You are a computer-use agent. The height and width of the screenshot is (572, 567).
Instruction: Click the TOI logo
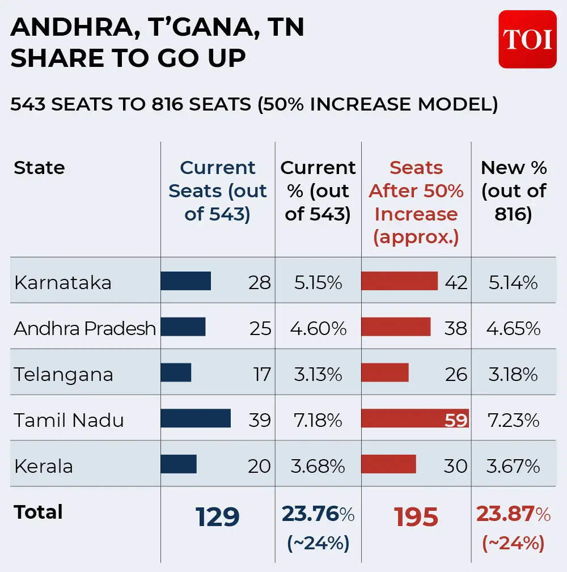pyautogui.click(x=527, y=39)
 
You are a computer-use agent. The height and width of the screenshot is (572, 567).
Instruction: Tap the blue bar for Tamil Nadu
pyautogui.click(x=196, y=418)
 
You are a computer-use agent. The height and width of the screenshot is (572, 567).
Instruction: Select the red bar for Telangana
pyautogui.click(x=385, y=372)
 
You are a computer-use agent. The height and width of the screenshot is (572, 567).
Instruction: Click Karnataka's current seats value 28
pyautogui.click(x=260, y=282)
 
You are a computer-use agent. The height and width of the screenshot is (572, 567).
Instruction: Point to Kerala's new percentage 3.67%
pyautogui.click(x=513, y=466)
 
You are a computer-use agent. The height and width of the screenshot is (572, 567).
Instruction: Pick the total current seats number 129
pyautogui.click(x=218, y=517)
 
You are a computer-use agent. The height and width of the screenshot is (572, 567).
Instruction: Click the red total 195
pyautogui.click(x=416, y=517)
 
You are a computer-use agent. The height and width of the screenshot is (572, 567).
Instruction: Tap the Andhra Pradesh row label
pyautogui.click(x=85, y=328)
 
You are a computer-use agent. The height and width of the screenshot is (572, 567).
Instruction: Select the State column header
pyautogui.click(x=39, y=168)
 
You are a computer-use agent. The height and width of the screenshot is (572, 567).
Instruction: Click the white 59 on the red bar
pyautogui.click(x=456, y=420)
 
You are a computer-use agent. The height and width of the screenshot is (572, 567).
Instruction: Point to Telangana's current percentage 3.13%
pyautogui.click(x=318, y=374)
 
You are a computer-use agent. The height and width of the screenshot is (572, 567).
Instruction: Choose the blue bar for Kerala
pyautogui.click(x=179, y=464)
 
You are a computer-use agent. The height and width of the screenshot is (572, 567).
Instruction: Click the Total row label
pyautogui.click(x=38, y=512)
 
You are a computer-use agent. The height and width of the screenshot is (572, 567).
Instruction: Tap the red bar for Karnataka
pyautogui.click(x=399, y=281)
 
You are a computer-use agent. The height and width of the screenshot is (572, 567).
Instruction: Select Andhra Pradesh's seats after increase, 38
pyautogui.click(x=456, y=328)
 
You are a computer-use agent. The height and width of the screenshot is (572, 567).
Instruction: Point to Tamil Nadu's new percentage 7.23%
pyautogui.click(x=513, y=420)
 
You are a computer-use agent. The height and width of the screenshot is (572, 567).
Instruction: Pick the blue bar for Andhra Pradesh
pyautogui.click(x=183, y=327)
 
